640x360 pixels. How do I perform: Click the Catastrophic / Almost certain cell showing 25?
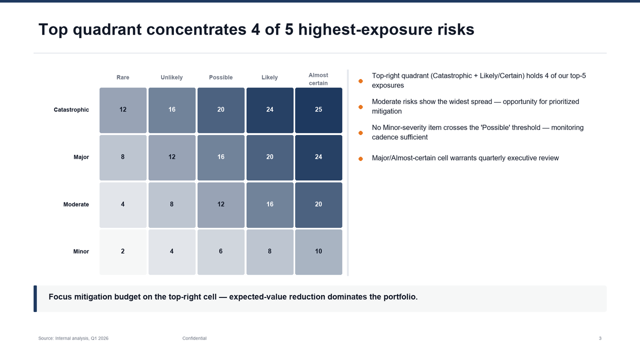pyautogui.click(x=318, y=110)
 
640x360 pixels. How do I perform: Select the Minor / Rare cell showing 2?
pyautogui.click(x=123, y=252)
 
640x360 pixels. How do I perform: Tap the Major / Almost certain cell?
pyautogui.click(x=318, y=157)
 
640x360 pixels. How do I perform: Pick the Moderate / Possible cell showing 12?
pyautogui.click(x=221, y=205)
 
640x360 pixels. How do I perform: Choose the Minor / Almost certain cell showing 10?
pyautogui.click(x=318, y=252)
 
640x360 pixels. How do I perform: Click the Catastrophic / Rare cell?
pyautogui.click(x=123, y=110)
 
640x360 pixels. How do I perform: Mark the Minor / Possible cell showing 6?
pyautogui.click(x=221, y=252)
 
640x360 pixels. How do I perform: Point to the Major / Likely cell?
pyautogui.click(x=269, y=157)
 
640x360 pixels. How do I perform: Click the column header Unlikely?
pyautogui.click(x=171, y=77)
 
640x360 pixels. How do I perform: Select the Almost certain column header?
pyautogui.click(x=318, y=79)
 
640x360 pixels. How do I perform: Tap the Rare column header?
pyautogui.click(x=123, y=77)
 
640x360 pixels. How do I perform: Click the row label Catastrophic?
pyautogui.click(x=71, y=109)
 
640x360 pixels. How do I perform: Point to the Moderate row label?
pyautogui.click(x=76, y=204)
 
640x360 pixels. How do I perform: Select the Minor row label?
pyautogui.click(x=81, y=251)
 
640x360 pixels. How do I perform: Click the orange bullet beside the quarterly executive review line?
pyautogui.click(x=360, y=159)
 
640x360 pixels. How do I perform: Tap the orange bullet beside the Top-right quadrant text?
pyautogui.click(x=360, y=81)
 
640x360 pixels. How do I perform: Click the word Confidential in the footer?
pyautogui.click(x=194, y=338)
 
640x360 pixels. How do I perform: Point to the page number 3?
pyautogui.click(x=600, y=338)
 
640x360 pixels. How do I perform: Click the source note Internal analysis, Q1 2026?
pyautogui.click(x=81, y=338)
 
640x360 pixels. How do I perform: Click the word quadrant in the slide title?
pyautogui.click(x=107, y=29)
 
